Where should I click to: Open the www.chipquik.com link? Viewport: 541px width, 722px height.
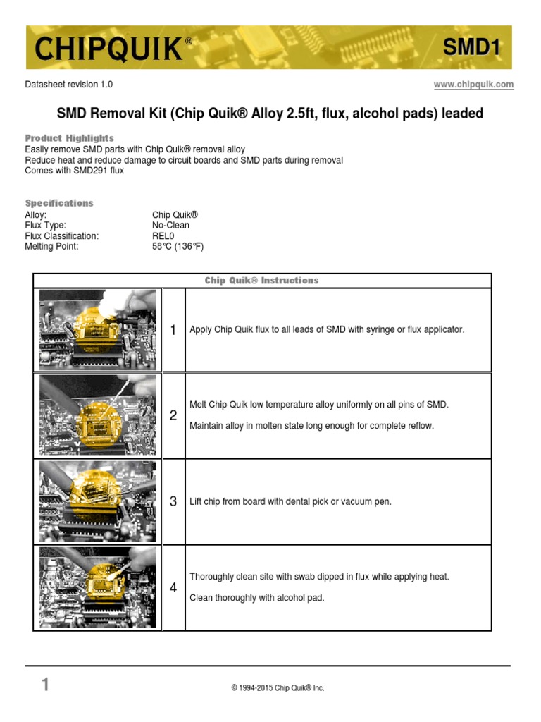click(473, 85)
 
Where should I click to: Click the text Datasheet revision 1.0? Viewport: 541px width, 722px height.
click(68, 85)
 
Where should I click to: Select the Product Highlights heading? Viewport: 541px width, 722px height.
click(69, 138)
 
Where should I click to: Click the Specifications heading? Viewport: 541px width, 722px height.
click(59, 203)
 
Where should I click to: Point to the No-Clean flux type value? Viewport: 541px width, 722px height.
click(170, 226)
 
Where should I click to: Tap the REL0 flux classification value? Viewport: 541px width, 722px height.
click(163, 236)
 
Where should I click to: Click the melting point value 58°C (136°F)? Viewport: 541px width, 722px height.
click(178, 247)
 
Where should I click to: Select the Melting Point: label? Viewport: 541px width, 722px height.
click(51, 247)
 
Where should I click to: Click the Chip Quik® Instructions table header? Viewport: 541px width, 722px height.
click(261, 281)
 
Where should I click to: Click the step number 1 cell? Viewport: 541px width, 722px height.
click(173, 330)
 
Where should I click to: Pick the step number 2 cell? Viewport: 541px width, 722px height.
click(173, 416)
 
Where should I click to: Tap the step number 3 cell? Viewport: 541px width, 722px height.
click(173, 502)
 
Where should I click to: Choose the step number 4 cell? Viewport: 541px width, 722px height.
click(173, 587)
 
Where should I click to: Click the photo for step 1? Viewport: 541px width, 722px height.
click(98, 329)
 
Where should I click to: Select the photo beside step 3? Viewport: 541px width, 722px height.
click(98, 501)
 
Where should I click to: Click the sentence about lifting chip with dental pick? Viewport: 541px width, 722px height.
click(290, 502)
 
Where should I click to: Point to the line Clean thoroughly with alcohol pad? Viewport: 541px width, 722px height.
click(257, 598)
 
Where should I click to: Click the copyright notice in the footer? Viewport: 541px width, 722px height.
click(278, 688)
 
